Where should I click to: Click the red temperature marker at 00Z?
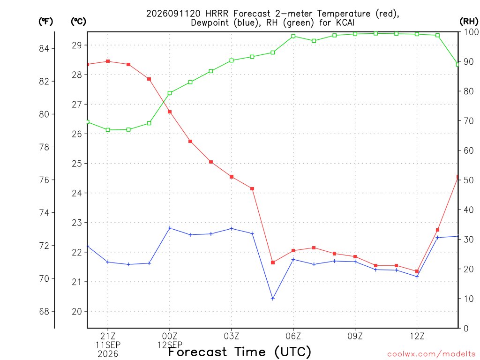170,112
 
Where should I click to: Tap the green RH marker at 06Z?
293,36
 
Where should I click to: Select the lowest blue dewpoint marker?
273,299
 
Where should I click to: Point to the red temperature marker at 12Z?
417,271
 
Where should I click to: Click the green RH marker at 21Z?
108,130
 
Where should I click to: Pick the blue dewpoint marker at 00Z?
170,228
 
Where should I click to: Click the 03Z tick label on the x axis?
232,336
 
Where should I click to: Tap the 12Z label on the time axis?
417,336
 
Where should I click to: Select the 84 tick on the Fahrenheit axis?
44,48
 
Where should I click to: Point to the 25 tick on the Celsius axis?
77,164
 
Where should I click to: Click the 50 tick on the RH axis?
468,180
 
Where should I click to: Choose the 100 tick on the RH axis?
471,32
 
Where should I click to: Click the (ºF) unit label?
45,22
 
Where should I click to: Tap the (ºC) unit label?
78,22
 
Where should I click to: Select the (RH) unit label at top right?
469,22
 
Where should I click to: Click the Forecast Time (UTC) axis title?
240,352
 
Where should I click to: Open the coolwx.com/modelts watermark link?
431,354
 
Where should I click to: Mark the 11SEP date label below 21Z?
108,345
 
